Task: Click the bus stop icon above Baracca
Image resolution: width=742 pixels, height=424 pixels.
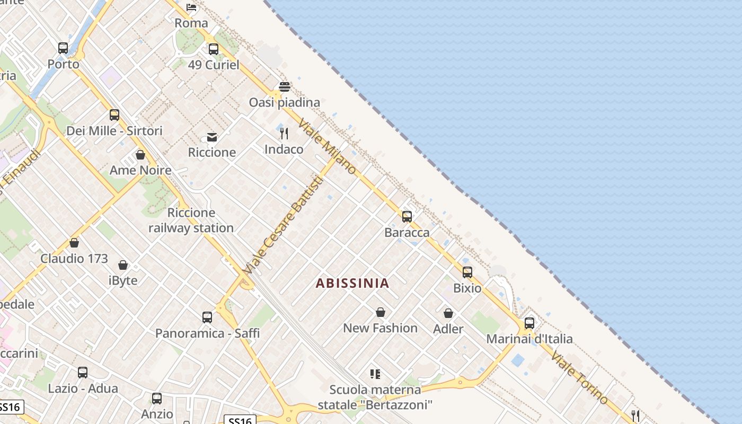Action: point(407,216)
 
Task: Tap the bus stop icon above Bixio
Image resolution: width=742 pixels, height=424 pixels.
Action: point(467,272)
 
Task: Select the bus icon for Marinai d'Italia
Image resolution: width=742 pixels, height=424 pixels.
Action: point(529,323)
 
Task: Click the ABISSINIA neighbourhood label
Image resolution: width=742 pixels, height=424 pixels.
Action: point(352,283)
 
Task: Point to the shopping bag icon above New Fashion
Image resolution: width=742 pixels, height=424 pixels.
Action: point(380,312)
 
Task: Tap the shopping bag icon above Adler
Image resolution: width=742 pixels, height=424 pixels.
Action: point(448,313)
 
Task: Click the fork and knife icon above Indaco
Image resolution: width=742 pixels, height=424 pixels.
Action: point(284,134)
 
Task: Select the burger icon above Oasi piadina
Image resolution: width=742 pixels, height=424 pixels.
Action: point(285,87)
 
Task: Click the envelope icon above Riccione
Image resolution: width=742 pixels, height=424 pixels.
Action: point(212,137)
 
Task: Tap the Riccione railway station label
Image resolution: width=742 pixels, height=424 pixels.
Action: point(191,220)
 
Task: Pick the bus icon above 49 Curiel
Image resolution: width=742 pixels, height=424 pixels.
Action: point(214,49)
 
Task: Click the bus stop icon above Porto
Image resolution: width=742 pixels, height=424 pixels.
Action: point(63,48)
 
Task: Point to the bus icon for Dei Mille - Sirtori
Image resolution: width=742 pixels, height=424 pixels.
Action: point(114,115)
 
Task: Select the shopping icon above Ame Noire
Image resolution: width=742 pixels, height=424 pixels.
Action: point(140,155)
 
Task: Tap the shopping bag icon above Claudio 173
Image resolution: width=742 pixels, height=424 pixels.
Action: point(74,243)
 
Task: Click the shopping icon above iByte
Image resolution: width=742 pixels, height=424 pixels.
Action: point(123,265)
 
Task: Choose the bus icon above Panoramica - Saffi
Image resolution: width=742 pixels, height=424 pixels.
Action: point(207,317)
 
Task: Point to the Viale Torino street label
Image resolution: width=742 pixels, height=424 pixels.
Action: point(579,377)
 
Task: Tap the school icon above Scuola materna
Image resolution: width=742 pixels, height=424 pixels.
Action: point(375,374)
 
